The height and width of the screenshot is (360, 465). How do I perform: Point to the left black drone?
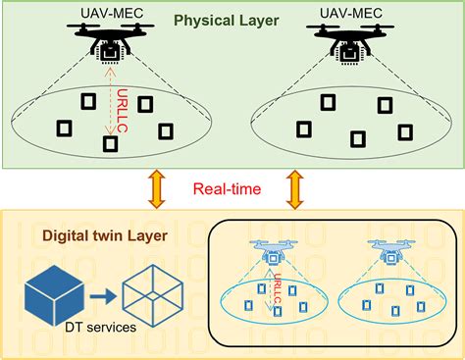pyautogui.click(x=109, y=44)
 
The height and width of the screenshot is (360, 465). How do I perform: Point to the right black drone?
pyautogui.click(x=351, y=45)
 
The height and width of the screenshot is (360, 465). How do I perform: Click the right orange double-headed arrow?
pyautogui.click(x=295, y=188)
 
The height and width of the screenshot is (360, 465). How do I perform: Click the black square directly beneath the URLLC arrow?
pyautogui.click(x=111, y=144)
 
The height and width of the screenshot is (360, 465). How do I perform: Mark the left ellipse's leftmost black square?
pyautogui.click(x=66, y=128)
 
